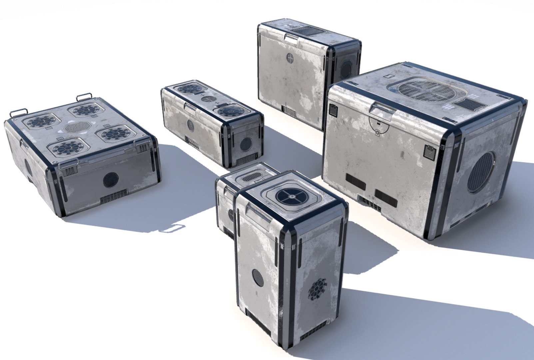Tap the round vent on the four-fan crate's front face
(111, 180)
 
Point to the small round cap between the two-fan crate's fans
(209, 99)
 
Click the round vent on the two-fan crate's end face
(246, 144)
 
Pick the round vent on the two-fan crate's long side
(191, 126)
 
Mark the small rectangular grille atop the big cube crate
(470, 105)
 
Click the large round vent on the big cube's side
(482, 172)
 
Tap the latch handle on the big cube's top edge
(382, 111)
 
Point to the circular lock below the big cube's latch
(377, 133)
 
